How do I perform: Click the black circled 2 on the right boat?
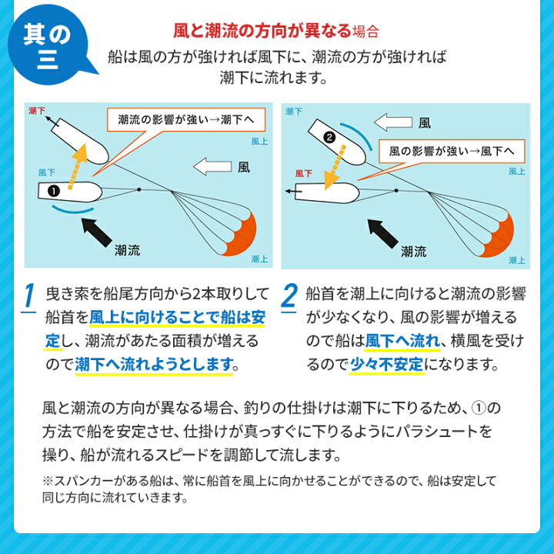coord(330,138)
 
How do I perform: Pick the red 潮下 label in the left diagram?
coord(36,112)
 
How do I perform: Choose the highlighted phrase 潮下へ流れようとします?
coord(153,362)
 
